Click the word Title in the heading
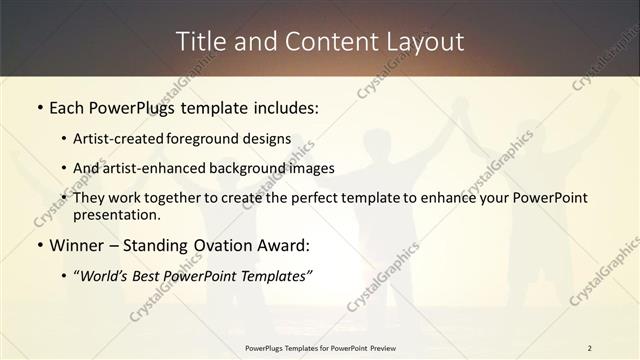(x=198, y=41)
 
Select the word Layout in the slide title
(x=422, y=41)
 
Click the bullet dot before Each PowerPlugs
(x=39, y=105)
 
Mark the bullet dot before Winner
(x=39, y=245)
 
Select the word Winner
(x=76, y=245)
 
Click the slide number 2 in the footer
(x=590, y=347)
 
